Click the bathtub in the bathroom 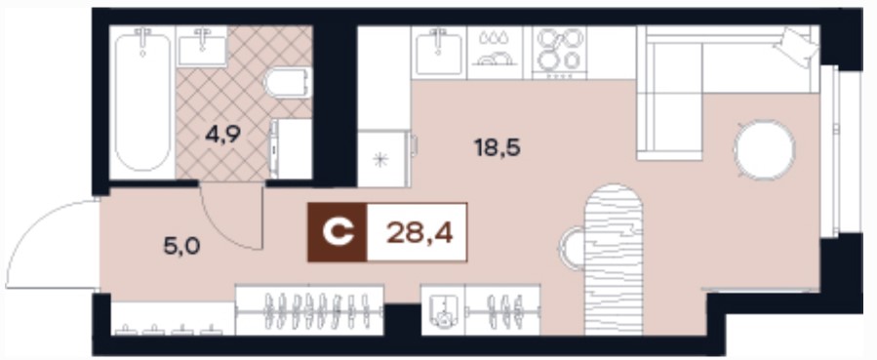coord(142,102)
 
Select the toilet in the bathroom coord(288,83)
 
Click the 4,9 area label coord(222,136)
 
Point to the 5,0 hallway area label coord(181,246)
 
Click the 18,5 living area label coord(498,147)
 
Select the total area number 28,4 coord(419,232)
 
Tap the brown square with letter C coord(338,232)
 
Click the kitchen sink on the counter coord(439,53)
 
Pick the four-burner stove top coord(559,53)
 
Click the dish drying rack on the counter coord(495,53)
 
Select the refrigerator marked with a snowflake coord(383,159)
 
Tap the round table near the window coord(765,150)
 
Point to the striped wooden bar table coord(614,259)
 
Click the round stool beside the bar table coord(572,248)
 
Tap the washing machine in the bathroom coord(291,148)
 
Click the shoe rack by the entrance coord(173,319)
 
